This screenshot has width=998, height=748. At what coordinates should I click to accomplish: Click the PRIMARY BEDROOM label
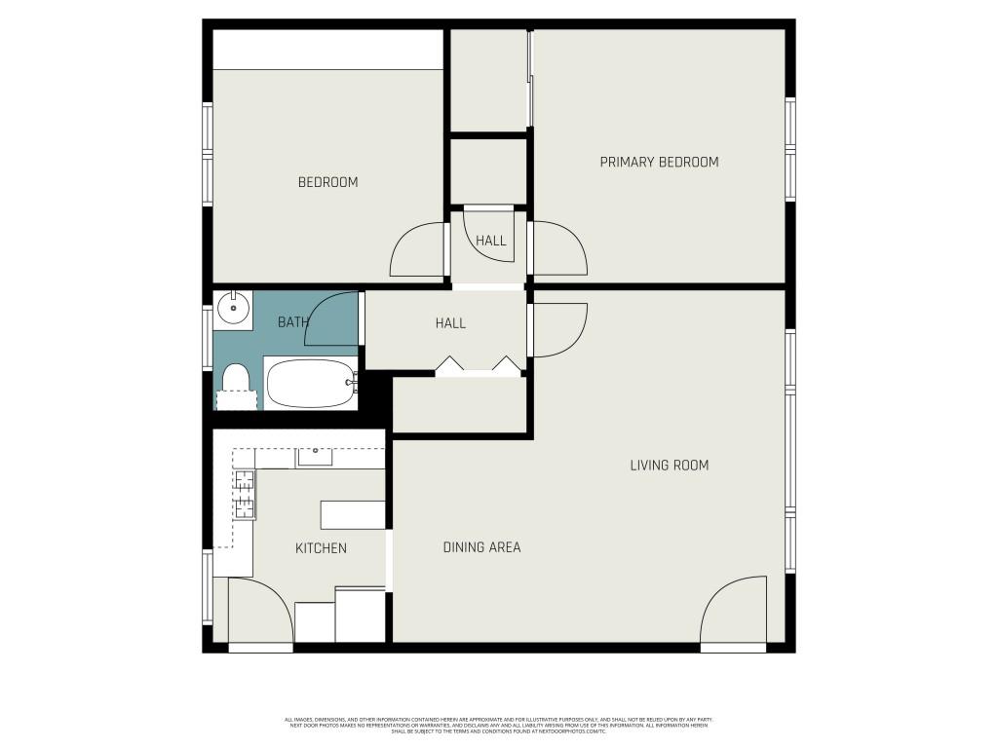coord(659,162)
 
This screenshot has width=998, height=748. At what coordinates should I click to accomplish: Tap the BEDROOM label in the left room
coord(327,182)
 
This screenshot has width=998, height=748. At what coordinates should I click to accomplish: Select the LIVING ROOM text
coord(669,466)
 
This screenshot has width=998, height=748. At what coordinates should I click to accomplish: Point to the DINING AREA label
coord(481,547)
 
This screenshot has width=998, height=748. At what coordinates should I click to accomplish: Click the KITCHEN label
coord(321,548)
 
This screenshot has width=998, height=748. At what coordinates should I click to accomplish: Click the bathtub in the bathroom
coord(311,384)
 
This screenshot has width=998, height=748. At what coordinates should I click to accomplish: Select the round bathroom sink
coord(233,309)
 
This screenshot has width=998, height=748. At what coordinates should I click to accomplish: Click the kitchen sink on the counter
coord(315,457)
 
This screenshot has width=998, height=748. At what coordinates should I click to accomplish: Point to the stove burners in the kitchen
coord(245,494)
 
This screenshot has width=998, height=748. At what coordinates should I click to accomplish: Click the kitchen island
coord(353,514)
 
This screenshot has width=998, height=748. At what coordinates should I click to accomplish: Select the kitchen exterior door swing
coord(259,611)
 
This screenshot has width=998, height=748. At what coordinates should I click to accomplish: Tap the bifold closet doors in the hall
coord(479,366)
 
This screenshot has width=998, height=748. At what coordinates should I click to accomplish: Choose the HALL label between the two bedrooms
coord(490,241)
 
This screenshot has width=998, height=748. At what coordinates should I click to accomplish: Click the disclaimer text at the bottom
coord(498,726)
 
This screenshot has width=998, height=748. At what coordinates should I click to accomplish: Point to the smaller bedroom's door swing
coord(419,251)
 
